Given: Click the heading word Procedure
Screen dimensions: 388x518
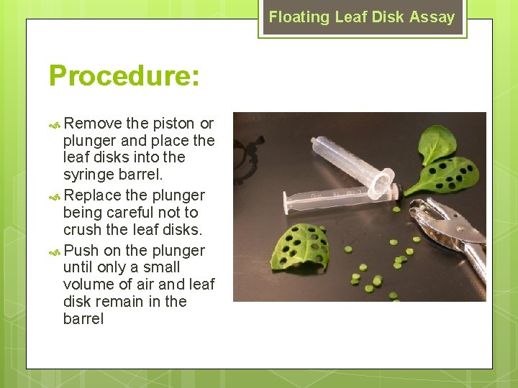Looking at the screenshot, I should [124, 75].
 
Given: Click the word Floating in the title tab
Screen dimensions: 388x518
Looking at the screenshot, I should [299, 17].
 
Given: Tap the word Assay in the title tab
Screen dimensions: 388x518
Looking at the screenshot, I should [435, 17].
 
